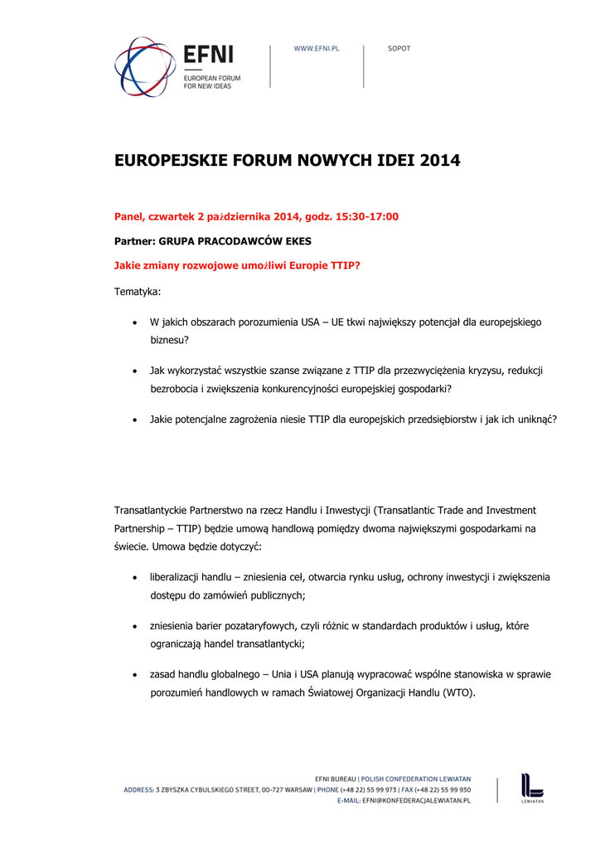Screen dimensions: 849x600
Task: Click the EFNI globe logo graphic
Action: pos(144,65)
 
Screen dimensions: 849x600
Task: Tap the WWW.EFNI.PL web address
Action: pos(317,49)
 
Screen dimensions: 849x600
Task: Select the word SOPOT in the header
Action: pos(399,49)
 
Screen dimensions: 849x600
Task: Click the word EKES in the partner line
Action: pos(297,241)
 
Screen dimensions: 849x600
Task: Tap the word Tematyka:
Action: pos(138,292)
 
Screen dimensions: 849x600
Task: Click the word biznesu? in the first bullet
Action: pos(170,340)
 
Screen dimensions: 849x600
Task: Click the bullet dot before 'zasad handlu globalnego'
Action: pos(135,675)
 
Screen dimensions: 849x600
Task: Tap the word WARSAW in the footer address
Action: pos(298,790)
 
